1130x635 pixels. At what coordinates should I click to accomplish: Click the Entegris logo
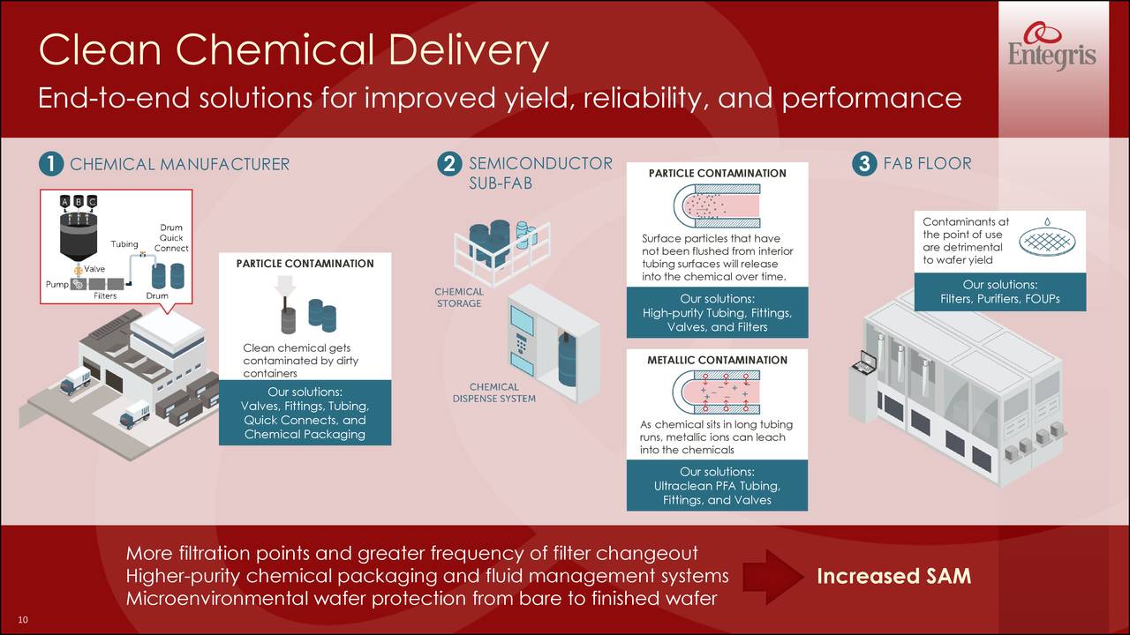(x=1051, y=49)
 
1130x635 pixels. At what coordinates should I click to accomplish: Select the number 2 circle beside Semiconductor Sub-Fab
(x=449, y=164)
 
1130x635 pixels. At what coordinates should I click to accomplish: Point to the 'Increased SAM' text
(x=893, y=577)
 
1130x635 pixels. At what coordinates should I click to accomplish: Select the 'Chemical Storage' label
(x=459, y=298)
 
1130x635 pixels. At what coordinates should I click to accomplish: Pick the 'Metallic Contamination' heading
(x=717, y=360)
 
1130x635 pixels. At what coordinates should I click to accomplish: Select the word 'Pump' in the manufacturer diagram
(x=56, y=284)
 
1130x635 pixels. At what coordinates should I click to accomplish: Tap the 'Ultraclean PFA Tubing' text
(x=717, y=486)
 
